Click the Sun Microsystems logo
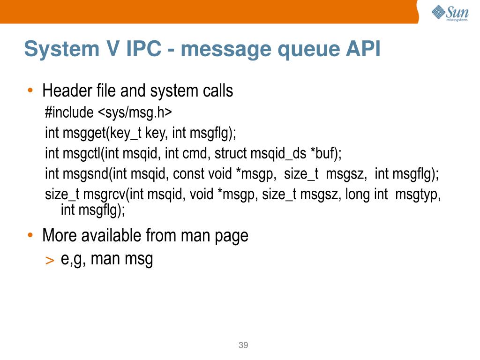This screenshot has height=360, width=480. click(x=450, y=13)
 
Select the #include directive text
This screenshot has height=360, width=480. click(x=69, y=113)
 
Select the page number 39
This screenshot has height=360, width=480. click(x=243, y=345)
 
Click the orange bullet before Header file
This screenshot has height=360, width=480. click(x=30, y=90)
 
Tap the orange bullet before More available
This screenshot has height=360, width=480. click(x=30, y=235)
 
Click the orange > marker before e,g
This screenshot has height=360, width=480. click(x=50, y=261)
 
